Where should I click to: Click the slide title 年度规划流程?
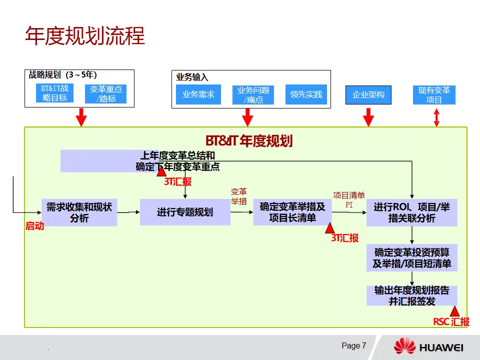85,36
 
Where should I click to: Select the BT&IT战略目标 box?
55,93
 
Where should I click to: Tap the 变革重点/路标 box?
105,94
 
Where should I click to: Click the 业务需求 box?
198,94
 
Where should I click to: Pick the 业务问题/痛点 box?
253,94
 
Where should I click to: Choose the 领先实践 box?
306,94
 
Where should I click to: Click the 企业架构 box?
368,94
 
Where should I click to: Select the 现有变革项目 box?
434,94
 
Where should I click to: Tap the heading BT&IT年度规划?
249,141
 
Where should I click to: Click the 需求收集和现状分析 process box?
79,212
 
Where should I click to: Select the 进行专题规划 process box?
185,212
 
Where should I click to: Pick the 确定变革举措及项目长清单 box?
292,212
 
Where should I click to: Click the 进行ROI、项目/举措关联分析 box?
411,212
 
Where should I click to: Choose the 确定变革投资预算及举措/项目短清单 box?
411,258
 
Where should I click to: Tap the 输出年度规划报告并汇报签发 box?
411,295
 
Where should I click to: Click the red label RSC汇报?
451,322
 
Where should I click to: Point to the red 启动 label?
35,226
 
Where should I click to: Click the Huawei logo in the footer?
428,346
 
